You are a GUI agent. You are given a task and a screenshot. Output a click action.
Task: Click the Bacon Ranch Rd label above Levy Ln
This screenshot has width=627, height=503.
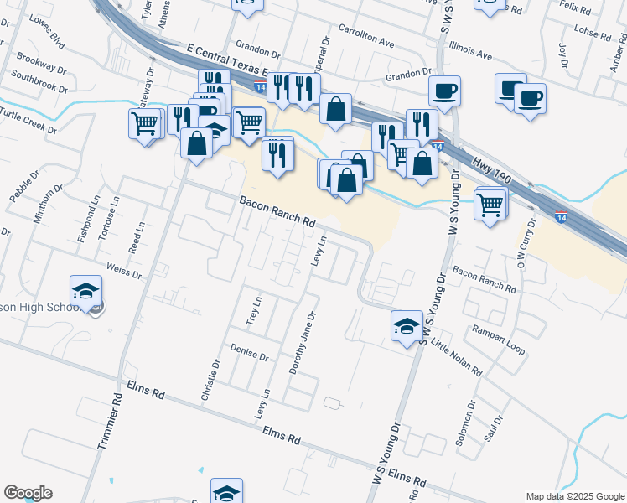click(x=277, y=213)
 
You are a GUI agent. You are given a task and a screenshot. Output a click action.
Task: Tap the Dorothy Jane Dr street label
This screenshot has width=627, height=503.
click(x=302, y=344)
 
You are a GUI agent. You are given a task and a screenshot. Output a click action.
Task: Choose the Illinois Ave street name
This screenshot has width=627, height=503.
click(x=470, y=50)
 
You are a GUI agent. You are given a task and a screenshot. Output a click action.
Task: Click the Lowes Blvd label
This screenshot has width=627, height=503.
click(x=46, y=29)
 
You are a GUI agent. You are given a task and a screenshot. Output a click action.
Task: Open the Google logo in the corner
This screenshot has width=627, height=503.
click(x=28, y=493)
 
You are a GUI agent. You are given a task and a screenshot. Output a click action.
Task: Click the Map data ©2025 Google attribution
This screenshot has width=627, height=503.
click(x=575, y=496)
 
